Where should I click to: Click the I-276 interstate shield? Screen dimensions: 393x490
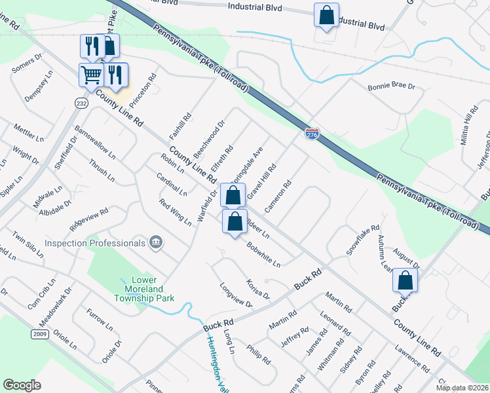312,133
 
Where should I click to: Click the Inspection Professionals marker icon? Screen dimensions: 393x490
156,243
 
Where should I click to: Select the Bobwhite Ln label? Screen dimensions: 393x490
264,255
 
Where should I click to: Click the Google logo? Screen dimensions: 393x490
22,385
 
